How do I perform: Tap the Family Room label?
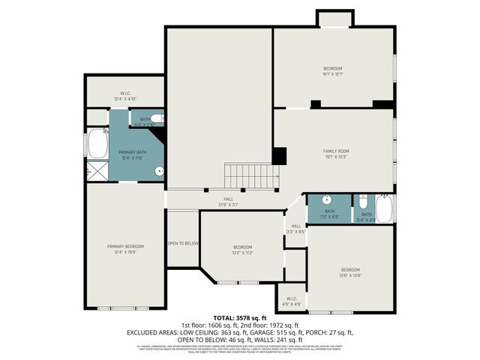(x=336, y=154)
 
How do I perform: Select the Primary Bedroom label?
(x=124, y=249)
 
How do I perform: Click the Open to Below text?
(x=183, y=243)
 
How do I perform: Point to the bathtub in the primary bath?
(x=97, y=144)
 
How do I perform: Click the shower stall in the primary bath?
(x=97, y=172)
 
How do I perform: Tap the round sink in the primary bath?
(x=159, y=172)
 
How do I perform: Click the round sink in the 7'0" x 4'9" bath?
(x=328, y=200)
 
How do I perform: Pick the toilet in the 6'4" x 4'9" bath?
(x=363, y=202)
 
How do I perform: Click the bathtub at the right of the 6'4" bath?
(x=384, y=208)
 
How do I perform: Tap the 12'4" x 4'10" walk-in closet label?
(x=124, y=96)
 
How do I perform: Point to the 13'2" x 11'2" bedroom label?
(x=242, y=250)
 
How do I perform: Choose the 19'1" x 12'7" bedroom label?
(x=332, y=71)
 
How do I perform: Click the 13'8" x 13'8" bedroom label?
(x=350, y=272)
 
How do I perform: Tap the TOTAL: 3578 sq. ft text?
(x=240, y=318)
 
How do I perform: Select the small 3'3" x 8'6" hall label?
(x=295, y=229)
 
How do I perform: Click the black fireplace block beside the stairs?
(x=279, y=155)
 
